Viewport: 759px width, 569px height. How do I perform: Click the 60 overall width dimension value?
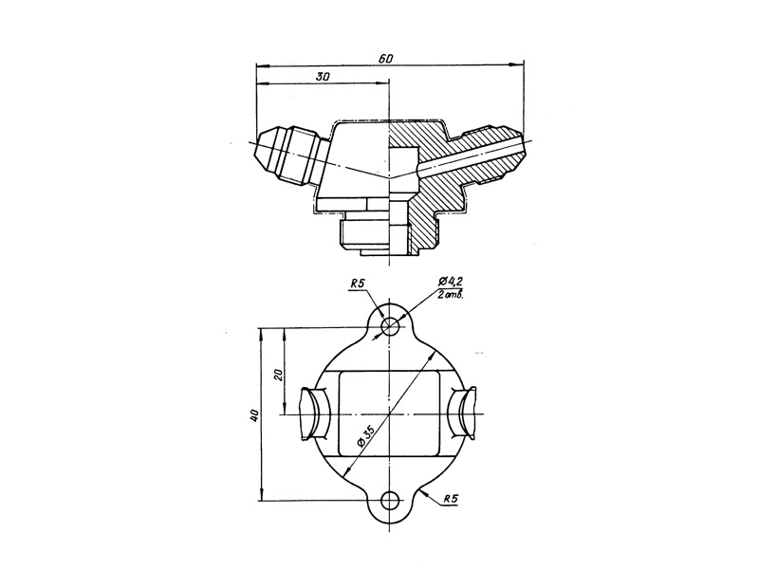(385, 59)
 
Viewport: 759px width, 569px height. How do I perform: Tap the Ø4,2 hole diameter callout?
(451, 282)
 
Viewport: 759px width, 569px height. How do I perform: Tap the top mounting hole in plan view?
(389, 326)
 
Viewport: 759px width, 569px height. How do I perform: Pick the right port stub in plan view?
(465, 415)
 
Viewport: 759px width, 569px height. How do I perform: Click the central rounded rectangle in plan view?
(389, 415)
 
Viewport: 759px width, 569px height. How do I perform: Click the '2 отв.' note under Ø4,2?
(451, 296)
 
